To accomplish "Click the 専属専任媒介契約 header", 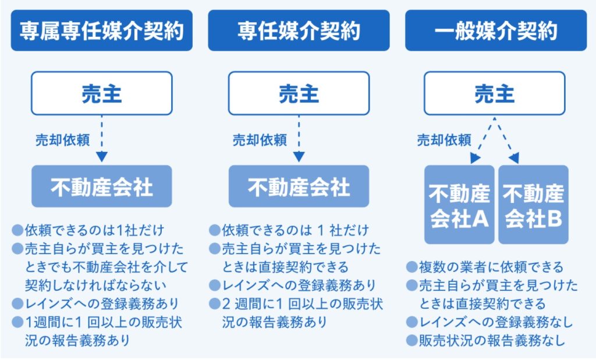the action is pos(101,30).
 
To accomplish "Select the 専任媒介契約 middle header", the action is pos(299,30).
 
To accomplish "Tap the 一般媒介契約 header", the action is pos(496,30).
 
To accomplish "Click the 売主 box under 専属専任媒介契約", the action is pos(101,94).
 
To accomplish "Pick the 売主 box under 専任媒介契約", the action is pos(299,94).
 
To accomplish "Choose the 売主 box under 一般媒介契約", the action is pos(495,94).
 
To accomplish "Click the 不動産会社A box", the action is pos(459,205).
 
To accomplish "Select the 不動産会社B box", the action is pos(533,205).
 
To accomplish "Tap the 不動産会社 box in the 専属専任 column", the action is pos(101,186).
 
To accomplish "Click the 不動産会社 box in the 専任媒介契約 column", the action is pos(299,186).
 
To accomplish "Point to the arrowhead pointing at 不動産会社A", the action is pos(475,158).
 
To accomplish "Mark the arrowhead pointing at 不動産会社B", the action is pos(515,158).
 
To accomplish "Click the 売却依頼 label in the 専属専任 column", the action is pos(63,140).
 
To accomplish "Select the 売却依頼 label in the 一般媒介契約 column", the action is pos(444,140).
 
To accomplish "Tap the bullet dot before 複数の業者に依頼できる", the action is pos(411,267).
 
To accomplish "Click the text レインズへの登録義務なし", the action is pos(496,322).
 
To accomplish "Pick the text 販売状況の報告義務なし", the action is pos(492,341).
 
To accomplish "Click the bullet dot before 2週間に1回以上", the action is pos(215,304).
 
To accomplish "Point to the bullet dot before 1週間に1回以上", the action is pos(17,322).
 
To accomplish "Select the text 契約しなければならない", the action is pos(96,286).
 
